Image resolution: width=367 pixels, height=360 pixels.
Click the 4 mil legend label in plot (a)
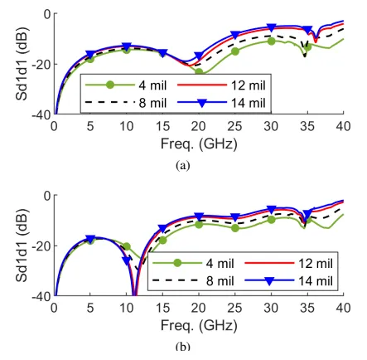(152, 85)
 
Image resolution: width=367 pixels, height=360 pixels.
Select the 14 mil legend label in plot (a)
(248, 103)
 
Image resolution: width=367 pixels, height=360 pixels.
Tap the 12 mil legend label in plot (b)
(316, 263)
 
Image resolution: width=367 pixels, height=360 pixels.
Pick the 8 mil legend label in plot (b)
(220, 281)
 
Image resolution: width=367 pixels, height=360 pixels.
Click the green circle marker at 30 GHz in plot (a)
(271, 41)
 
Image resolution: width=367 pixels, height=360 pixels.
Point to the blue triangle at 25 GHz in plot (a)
(235, 35)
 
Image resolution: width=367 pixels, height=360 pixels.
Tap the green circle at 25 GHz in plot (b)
(235, 228)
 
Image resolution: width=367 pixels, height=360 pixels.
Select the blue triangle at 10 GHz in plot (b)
(127, 260)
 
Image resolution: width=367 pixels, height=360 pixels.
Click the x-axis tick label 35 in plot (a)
(307, 126)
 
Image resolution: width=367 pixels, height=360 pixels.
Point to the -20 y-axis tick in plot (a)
(41, 64)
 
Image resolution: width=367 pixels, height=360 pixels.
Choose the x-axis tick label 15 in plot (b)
(162, 308)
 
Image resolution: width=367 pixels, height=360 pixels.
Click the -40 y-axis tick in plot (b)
(41, 296)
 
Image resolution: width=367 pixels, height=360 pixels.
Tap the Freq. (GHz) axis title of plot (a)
(199, 144)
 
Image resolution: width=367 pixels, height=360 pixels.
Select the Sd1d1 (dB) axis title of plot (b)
(22, 246)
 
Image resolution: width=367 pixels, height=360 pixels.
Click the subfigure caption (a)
(183, 166)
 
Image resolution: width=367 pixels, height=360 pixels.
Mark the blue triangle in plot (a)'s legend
(202, 103)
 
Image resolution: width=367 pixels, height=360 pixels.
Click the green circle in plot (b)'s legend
(177, 263)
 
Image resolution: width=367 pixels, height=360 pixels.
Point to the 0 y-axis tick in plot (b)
(48, 196)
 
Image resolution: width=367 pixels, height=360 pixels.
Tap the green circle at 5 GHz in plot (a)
(90, 59)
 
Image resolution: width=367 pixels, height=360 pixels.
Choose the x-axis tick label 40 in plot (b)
(343, 308)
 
